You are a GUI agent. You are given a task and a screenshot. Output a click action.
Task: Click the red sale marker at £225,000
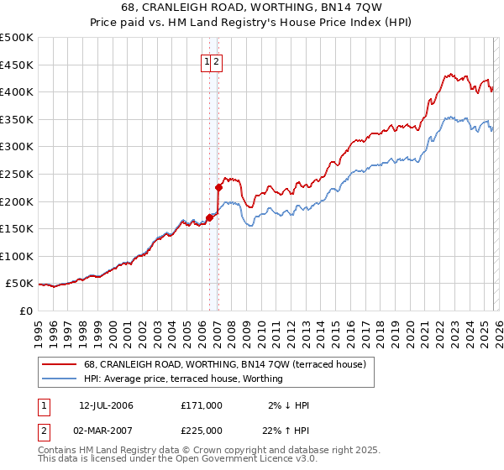tap(218, 188)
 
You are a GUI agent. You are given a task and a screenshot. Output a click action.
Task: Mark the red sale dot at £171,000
tap(209, 217)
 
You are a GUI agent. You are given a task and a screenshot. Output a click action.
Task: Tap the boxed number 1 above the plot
tap(206, 61)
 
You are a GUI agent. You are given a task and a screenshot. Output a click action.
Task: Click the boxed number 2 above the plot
tap(216, 61)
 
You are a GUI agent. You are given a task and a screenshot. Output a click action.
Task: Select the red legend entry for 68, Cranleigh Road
tap(224, 365)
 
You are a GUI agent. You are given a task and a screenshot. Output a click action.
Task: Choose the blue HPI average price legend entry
tap(183, 379)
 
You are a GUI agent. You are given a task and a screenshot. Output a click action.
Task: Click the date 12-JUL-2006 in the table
tap(106, 405)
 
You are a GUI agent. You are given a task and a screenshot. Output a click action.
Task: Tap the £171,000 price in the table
tap(202, 405)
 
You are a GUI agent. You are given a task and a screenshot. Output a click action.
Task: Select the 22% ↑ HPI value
tap(286, 431)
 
